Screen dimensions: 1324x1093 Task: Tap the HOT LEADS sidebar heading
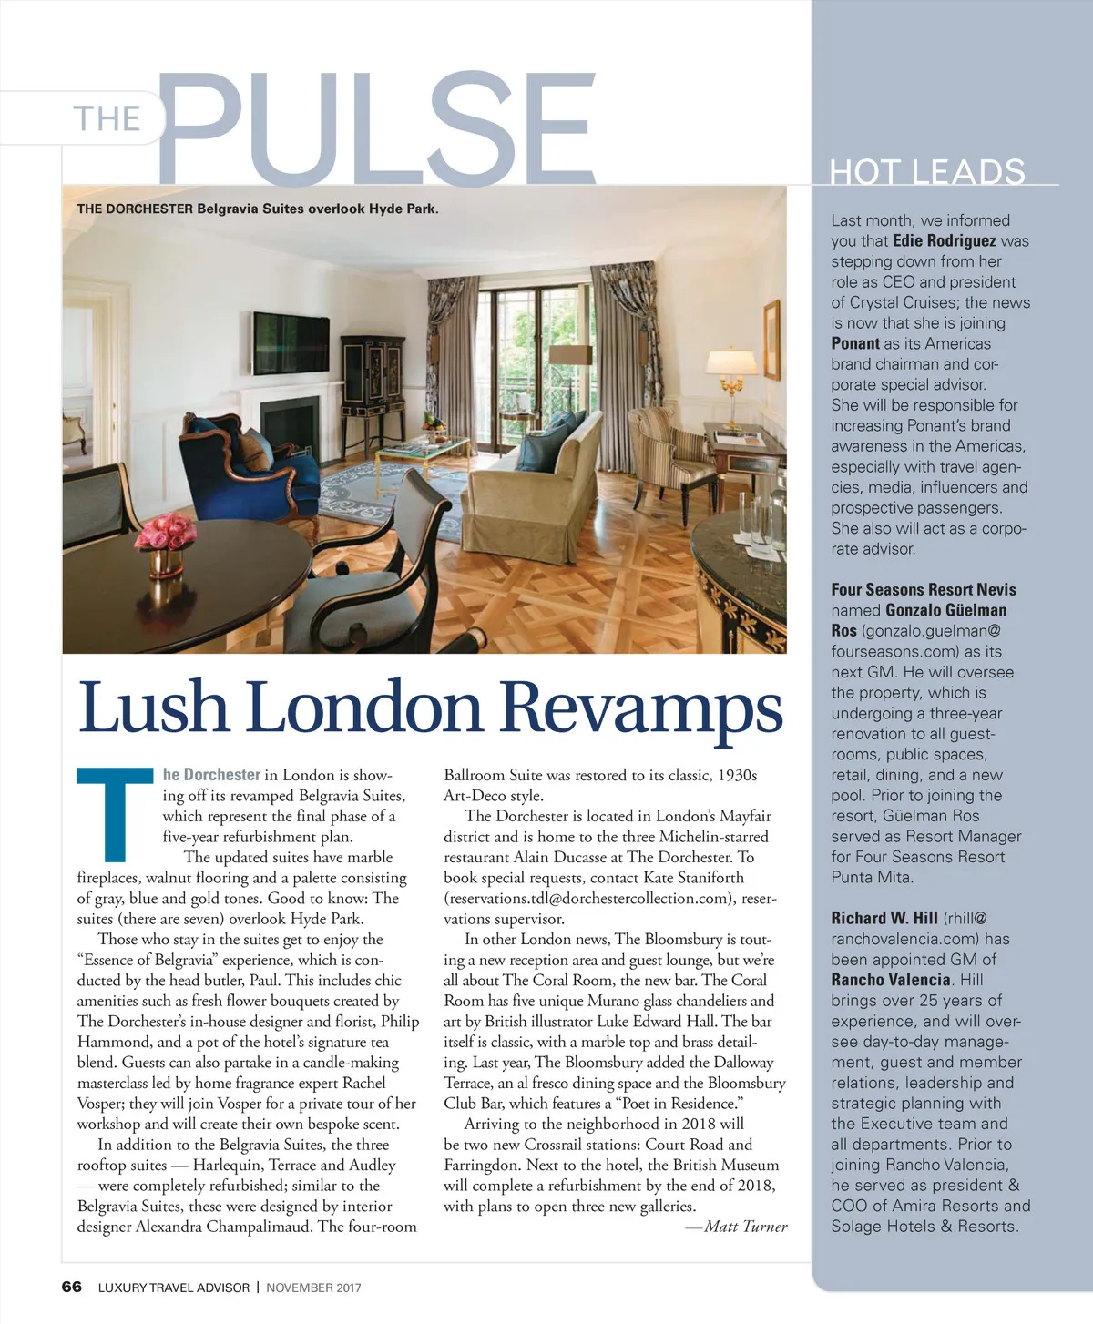927,171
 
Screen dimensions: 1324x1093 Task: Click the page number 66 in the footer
71,1287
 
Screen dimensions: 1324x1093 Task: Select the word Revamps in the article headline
641,708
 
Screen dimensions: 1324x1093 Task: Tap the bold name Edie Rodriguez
944,241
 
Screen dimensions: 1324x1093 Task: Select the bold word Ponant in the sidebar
855,343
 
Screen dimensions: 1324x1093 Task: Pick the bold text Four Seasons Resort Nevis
923,589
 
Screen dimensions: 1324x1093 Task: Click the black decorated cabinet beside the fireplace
371,383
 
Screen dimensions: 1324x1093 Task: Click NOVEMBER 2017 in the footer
313,1288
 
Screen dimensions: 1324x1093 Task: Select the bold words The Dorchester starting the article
211,775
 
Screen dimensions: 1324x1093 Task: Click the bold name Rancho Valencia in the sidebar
890,980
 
